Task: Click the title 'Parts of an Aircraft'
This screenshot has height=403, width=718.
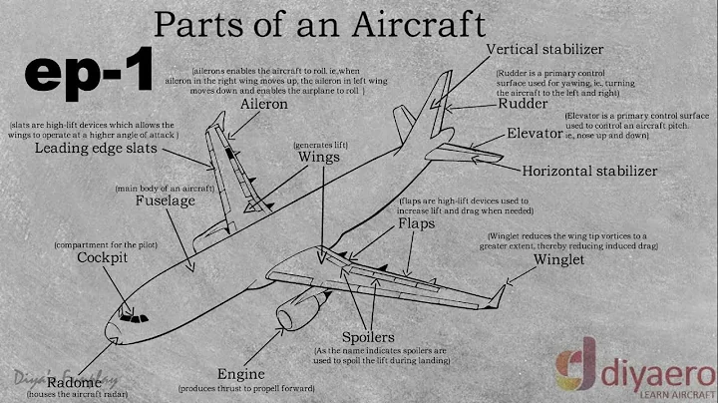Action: [x=319, y=22]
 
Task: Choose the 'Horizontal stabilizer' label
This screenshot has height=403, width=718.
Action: [x=589, y=171]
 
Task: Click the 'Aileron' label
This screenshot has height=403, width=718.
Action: [x=264, y=104]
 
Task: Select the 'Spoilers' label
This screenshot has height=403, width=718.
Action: [x=370, y=337]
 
